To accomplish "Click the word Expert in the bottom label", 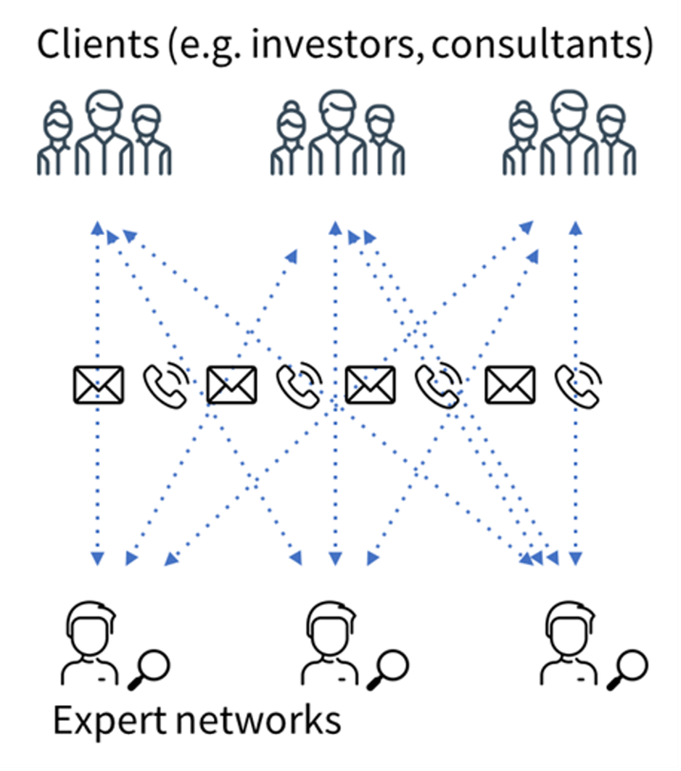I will click(x=109, y=720).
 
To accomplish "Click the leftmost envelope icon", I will click(x=98, y=385).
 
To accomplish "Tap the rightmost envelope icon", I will click(x=510, y=385).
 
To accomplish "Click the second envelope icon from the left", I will click(x=232, y=385).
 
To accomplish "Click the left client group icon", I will click(x=104, y=133).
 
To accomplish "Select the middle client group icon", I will click(x=337, y=133).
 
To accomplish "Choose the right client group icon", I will click(x=569, y=133).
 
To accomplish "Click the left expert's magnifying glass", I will click(x=150, y=669).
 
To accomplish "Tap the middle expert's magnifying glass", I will click(x=389, y=669).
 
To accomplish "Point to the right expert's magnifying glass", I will click(x=628, y=669).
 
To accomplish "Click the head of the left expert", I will click(x=90, y=629).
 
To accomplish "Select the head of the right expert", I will click(x=567, y=629).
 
